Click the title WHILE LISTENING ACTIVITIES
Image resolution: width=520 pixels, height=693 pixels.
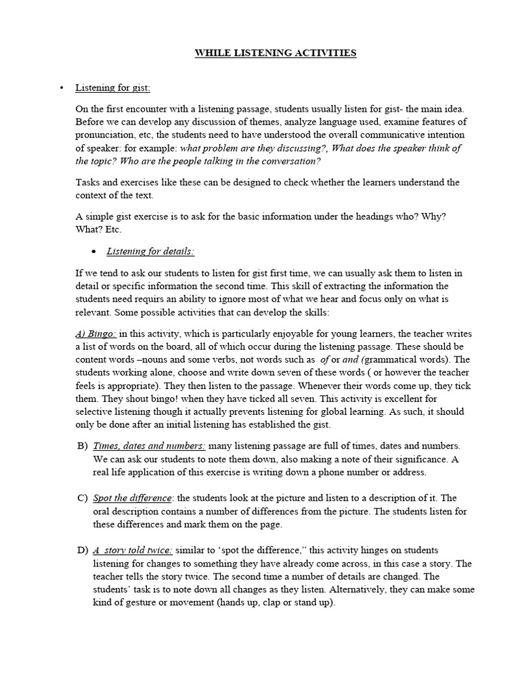click(x=276, y=53)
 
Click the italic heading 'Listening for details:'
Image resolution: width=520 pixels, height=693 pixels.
click(x=150, y=252)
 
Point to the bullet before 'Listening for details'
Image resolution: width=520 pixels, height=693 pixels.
click(x=93, y=252)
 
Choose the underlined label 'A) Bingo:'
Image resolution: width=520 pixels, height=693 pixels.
click(x=95, y=334)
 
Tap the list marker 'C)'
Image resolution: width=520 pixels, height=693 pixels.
click(x=83, y=498)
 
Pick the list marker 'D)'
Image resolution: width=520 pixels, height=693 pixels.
click(x=83, y=551)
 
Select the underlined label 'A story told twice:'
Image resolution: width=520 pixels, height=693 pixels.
click(x=133, y=551)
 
